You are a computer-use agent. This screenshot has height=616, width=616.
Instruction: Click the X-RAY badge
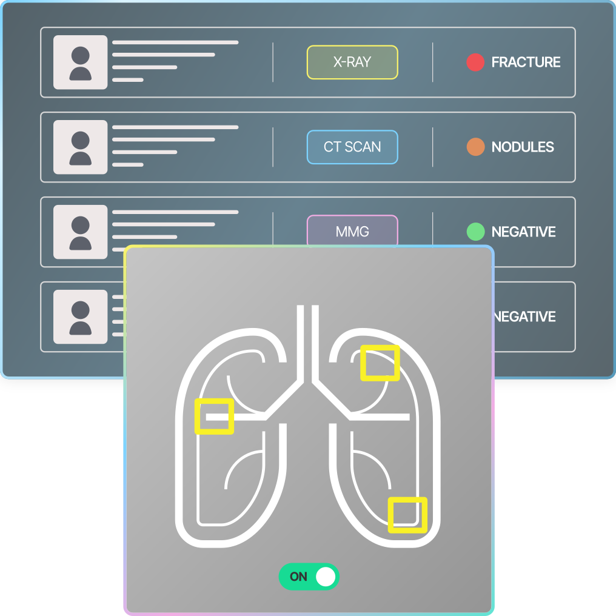click(x=352, y=62)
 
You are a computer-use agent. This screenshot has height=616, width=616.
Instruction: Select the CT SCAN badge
click(x=352, y=147)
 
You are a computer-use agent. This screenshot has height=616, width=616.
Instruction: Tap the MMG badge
click(x=352, y=231)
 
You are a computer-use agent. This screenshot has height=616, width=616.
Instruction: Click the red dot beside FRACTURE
click(x=475, y=62)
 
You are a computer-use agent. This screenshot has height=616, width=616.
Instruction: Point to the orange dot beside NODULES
click(x=475, y=147)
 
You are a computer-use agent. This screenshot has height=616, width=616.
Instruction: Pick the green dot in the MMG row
click(x=475, y=232)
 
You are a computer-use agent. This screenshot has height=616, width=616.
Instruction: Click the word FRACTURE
click(x=526, y=62)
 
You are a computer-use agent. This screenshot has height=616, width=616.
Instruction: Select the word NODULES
click(x=523, y=147)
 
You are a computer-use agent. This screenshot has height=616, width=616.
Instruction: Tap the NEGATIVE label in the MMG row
click(x=523, y=232)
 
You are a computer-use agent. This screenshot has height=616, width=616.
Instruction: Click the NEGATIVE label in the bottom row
click(x=524, y=316)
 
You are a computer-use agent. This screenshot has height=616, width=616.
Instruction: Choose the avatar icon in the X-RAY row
click(x=81, y=62)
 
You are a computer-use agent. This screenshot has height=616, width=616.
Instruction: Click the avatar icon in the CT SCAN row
click(x=81, y=147)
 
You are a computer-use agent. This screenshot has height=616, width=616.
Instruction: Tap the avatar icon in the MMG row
click(x=81, y=232)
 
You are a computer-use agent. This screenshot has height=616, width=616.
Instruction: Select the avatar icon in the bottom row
click(x=81, y=317)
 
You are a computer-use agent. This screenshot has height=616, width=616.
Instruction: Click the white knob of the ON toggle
click(x=326, y=577)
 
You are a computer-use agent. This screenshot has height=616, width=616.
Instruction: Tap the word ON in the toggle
click(x=298, y=577)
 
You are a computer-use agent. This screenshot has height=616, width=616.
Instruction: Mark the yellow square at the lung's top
click(x=380, y=363)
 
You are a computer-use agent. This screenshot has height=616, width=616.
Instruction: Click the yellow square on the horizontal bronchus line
click(x=214, y=417)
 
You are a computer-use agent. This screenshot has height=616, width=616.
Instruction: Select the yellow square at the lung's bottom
click(x=407, y=515)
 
